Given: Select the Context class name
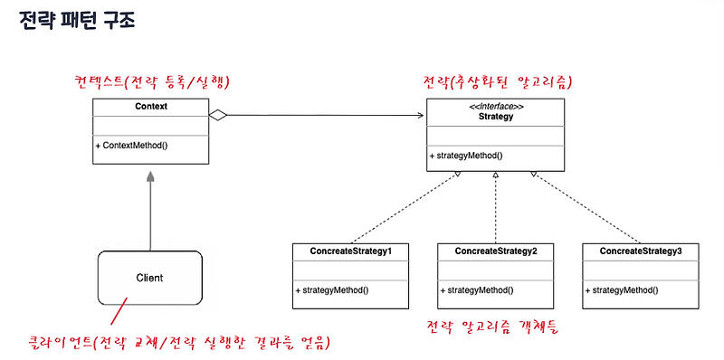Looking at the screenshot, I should point(150,106).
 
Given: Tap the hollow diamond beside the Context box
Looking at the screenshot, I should point(217,115).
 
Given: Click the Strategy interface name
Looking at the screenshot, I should point(496,116).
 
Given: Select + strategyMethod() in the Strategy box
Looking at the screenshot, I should point(466,156).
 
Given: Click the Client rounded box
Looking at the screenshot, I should point(149,277).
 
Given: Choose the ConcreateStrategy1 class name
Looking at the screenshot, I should point(350,251).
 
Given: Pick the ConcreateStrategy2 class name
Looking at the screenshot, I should point(496,251).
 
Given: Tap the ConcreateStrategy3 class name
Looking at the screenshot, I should point(640,251).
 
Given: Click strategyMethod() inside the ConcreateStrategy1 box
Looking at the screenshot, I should point(332,290).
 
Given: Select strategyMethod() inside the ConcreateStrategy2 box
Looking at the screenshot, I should point(478,290).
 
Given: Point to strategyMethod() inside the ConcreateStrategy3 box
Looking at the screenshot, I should point(622,290).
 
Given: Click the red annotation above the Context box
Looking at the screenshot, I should point(152,83).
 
